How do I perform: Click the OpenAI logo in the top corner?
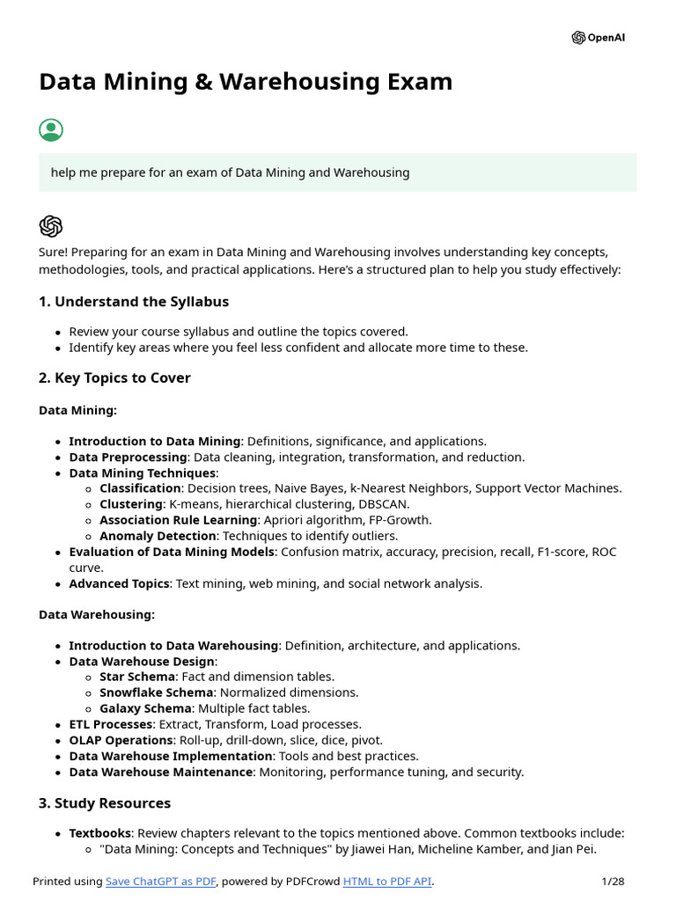click(599, 38)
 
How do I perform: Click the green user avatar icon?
click(51, 130)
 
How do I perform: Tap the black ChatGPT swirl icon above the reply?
click(51, 226)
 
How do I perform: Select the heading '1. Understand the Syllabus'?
click(133, 302)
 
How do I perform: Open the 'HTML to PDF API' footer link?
click(387, 882)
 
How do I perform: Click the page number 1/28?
click(613, 882)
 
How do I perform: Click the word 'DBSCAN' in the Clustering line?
click(382, 504)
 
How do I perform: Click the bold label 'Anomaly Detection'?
click(158, 536)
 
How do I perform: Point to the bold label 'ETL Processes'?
click(111, 724)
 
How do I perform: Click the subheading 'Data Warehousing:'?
click(97, 614)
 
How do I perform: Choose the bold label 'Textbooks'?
click(99, 832)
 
